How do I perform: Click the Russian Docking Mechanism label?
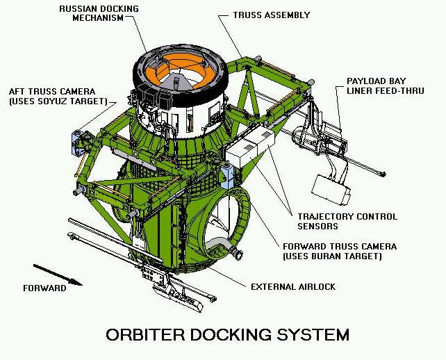(99, 13)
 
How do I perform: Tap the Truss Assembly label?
(272, 15)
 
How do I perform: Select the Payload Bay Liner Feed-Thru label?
(385, 85)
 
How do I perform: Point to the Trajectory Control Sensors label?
(347, 222)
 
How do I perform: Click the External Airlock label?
(293, 286)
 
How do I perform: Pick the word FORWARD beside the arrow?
(44, 288)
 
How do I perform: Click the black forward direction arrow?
(58, 275)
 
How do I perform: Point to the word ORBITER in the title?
(145, 335)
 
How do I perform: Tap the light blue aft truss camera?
(77, 143)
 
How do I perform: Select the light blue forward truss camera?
(227, 176)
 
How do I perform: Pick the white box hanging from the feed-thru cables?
(331, 190)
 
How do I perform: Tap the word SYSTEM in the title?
(313, 335)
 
